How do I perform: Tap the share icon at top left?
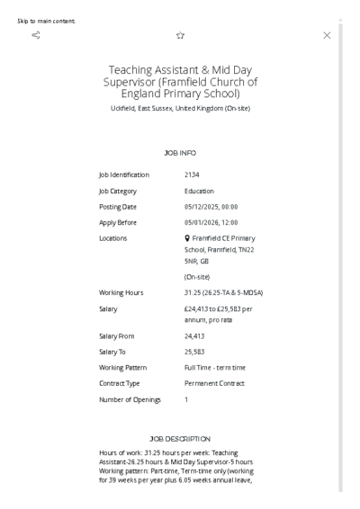(35, 35)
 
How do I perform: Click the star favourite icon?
(180, 35)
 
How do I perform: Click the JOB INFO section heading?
(180, 154)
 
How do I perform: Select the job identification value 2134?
(192, 174)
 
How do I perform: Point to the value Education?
(199, 191)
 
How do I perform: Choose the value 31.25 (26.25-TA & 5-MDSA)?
(223, 292)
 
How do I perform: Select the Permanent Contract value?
(216, 382)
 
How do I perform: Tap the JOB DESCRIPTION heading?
(180, 438)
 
